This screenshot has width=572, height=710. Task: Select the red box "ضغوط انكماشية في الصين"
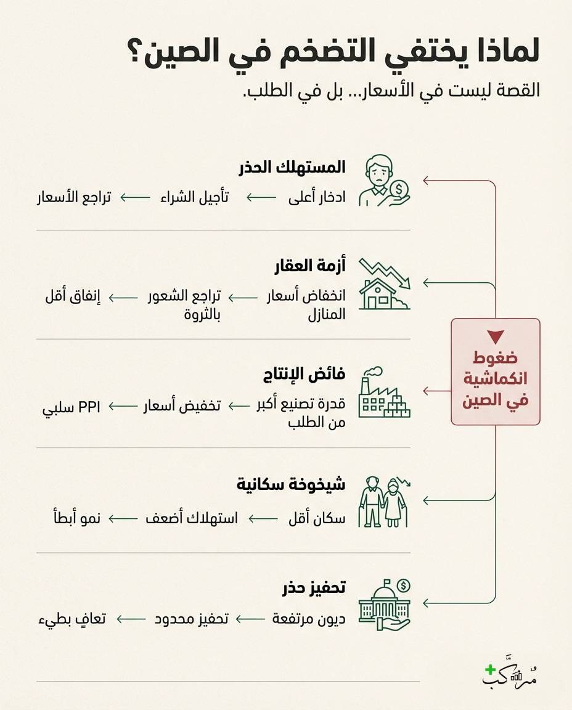pos(495,372)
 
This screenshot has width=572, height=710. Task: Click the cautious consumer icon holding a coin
pos(384,181)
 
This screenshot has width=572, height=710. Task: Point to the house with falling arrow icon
pos(384,284)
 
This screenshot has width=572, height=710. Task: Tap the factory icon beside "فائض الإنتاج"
pos(384,393)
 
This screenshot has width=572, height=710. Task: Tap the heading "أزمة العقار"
pos(310,267)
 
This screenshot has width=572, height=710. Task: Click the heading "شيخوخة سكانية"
pos(291,484)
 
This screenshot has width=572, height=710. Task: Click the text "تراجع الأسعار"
pos(73,198)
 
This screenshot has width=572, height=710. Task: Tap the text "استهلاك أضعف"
pos(192,518)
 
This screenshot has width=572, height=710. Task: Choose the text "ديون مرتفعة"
pos(309,618)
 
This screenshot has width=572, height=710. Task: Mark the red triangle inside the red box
pos(495,337)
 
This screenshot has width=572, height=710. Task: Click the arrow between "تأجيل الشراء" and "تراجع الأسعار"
pos(135,198)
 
